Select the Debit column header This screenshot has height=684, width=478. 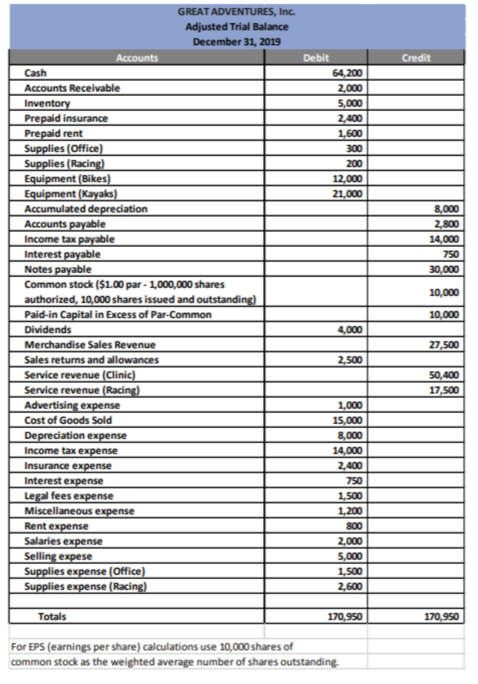[x=316, y=58]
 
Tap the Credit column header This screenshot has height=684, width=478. [x=416, y=58]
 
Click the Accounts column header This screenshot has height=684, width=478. [x=137, y=58]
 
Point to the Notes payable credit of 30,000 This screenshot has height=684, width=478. [x=444, y=269]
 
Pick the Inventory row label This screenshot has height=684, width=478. [x=47, y=103]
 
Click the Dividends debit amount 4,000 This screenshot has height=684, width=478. [x=349, y=330]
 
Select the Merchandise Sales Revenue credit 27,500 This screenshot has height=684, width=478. [x=444, y=345]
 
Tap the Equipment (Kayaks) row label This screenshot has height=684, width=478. [x=71, y=194]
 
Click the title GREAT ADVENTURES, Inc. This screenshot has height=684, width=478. [x=236, y=12]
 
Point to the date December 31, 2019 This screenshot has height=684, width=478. [x=236, y=42]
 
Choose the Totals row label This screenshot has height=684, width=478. [x=52, y=617]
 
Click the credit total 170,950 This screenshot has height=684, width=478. [x=441, y=617]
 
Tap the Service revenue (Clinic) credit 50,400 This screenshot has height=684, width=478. [x=444, y=375]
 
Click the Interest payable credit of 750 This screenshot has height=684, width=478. [x=451, y=254]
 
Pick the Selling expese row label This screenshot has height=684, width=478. [x=58, y=556]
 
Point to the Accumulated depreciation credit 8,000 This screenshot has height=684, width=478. [x=446, y=209]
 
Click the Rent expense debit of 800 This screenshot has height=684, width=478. [x=354, y=526]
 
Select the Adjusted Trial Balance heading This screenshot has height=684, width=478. [x=236, y=27]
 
